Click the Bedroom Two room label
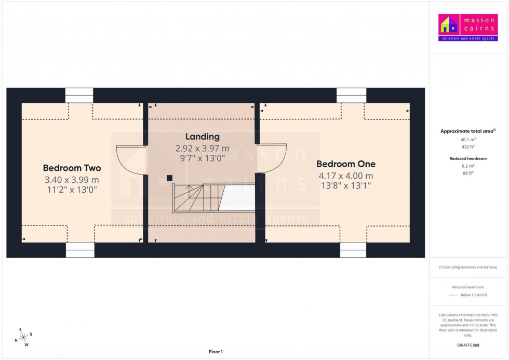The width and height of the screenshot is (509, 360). point(72,168)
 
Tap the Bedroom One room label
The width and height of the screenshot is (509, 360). point(346,164)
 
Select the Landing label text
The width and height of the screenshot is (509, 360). point(202,137)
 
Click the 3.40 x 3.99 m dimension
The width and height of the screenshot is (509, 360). point(72,180)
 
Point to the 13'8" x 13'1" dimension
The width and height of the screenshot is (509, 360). point(346,185)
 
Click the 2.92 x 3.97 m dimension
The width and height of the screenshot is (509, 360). point(202,149)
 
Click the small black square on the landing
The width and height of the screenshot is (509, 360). point(169,178)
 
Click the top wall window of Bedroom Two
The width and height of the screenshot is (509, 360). point(79,96)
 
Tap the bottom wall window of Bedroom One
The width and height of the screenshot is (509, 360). point(353,250)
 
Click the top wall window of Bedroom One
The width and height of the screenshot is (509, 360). point(351,96)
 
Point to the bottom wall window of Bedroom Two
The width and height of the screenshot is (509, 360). point(80,250)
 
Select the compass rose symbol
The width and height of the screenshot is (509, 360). point(24,338)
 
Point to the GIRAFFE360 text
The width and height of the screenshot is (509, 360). point(468,345)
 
